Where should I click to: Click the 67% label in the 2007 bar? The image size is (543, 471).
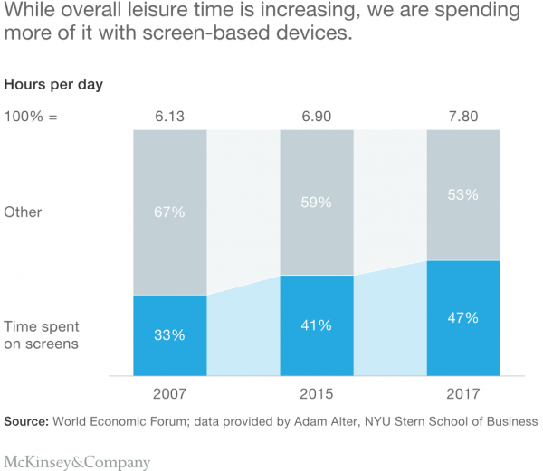(x=170, y=212)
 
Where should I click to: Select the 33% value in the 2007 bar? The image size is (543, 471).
(x=170, y=334)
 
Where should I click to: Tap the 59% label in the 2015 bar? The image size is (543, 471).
(x=317, y=203)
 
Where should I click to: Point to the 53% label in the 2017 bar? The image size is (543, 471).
(x=463, y=194)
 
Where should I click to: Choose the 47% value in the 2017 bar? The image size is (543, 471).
(x=463, y=317)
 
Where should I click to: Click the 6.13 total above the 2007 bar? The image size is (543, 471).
(x=169, y=117)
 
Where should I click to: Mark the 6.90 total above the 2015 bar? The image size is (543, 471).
(x=317, y=117)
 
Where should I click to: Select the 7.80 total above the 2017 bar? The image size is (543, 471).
(x=463, y=117)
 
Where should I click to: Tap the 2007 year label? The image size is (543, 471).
(x=169, y=394)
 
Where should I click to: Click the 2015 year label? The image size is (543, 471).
(x=317, y=394)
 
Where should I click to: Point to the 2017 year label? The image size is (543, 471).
(x=463, y=394)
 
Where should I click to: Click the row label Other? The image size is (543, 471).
(x=24, y=212)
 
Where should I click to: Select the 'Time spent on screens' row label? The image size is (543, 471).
(x=41, y=334)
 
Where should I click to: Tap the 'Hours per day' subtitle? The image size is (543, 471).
(x=54, y=85)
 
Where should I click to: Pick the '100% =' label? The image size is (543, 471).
(x=31, y=117)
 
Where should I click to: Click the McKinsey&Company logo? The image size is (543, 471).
(x=77, y=462)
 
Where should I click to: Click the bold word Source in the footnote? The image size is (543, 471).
(x=27, y=421)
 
